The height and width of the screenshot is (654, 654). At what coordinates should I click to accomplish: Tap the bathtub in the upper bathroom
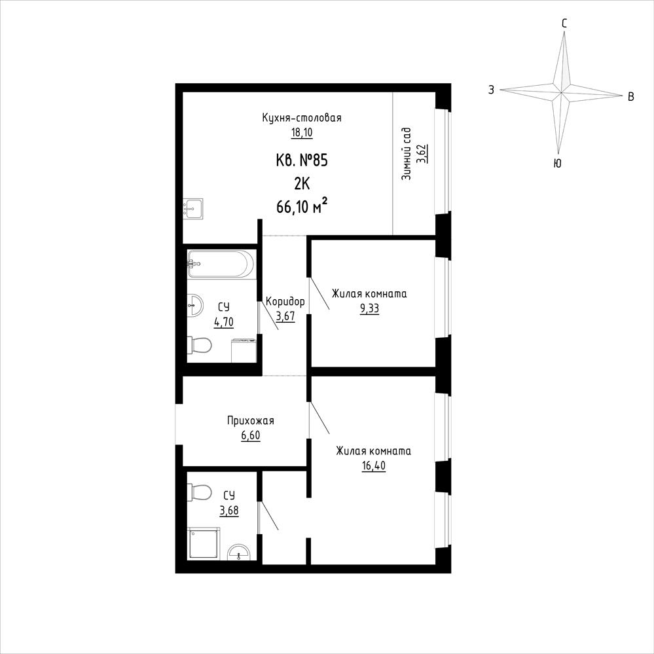click(220, 264)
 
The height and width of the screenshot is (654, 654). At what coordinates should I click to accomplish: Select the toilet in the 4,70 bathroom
click(200, 345)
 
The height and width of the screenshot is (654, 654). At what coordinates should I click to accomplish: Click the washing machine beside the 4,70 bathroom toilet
click(243, 350)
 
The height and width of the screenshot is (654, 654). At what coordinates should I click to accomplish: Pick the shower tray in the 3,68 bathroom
click(204, 543)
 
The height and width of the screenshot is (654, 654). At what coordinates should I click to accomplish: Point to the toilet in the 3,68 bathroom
click(200, 492)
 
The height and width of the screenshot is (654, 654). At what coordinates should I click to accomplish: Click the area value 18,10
click(302, 133)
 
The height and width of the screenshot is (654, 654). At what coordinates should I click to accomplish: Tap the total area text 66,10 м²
click(302, 206)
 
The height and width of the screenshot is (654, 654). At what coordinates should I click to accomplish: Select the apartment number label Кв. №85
click(302, 160)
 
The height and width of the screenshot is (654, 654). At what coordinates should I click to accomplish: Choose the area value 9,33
click(369, 308)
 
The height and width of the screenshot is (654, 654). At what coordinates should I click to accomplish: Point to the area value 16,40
click(374, 466)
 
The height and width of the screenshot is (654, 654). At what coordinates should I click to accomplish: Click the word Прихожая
click(251, 420)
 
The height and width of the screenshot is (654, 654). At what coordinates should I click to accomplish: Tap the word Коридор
click(285, 301)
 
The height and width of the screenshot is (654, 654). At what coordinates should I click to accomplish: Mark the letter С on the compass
click(564, 24)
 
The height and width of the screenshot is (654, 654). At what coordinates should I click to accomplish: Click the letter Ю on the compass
click(557, 164)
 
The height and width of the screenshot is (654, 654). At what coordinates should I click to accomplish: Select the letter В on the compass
click(631, 97)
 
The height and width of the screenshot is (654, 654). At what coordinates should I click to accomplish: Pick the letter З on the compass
click(492, 90)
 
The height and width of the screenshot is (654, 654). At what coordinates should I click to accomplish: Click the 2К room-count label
click(302, 183)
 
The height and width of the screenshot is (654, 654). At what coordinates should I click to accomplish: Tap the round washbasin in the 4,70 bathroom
click(195, 305)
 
